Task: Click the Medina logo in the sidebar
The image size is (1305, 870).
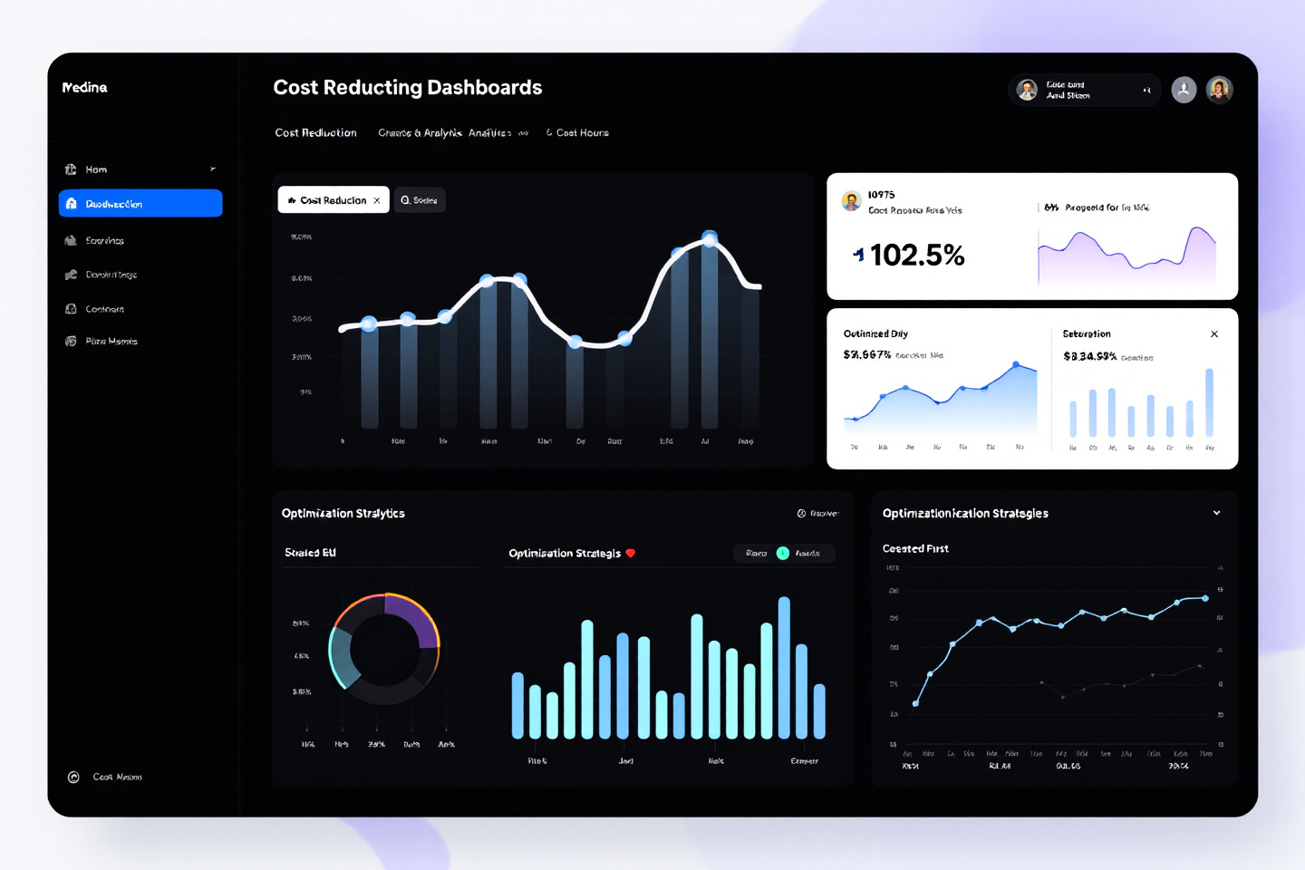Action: (x=84, y=88)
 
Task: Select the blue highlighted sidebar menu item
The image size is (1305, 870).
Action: (x=140, y=204)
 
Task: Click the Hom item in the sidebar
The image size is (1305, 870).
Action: (x=96, y=169)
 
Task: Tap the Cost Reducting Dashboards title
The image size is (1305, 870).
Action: (x=407, y=88)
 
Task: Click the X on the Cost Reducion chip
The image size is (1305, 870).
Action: (x=377, y=200)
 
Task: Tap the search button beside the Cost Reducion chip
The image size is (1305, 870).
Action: (x=420, y=200)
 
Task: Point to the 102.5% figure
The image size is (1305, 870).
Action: (x=916, y=256)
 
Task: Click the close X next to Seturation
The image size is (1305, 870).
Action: (x=1214, y=334)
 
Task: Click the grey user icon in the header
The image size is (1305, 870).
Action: (x=1184, y=90)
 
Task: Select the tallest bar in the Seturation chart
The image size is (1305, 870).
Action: (x=1209, y=402)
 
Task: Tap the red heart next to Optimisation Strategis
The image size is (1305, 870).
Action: (x=631, y=553)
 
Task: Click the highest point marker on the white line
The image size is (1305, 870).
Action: (x=710, y=238)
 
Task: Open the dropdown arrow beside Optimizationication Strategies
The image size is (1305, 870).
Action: (x=1216, y=513)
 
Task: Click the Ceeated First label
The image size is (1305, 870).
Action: (x=915, y=549)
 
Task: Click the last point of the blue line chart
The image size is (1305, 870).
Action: (x=1205, y=598)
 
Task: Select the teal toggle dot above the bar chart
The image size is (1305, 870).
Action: (x=783, y=553)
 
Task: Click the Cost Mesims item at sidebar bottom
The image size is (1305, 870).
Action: (x=117, y=778)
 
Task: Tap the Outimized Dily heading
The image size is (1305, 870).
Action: (x=875, y=334)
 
